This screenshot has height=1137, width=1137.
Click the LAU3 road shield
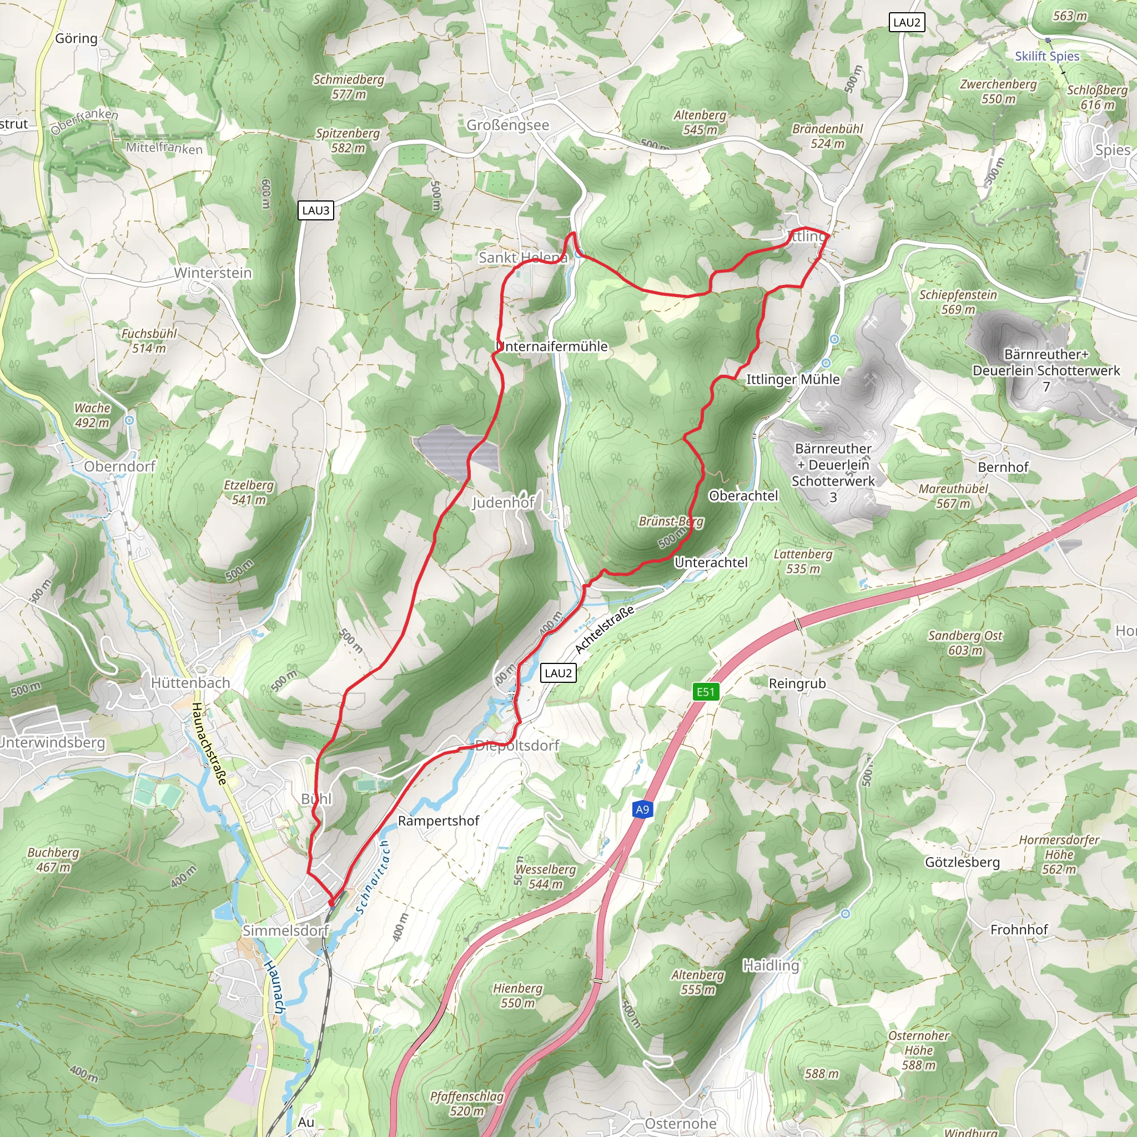point(316,210)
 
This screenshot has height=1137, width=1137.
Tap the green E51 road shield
point(705,692)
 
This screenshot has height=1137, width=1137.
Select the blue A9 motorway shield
point(642,809)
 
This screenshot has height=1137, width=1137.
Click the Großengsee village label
point(507,125)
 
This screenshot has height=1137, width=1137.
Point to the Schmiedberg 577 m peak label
point(349,87)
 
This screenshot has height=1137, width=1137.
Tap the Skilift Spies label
point(1047,56)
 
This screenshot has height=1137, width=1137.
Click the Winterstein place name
point(213,273)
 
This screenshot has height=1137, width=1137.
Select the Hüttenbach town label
point(190,683)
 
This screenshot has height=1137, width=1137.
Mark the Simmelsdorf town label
point(285,930)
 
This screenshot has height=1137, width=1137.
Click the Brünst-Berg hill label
point(671,521)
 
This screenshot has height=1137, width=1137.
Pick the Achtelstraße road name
point(605,629)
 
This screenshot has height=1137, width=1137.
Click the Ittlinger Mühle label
point(793,380)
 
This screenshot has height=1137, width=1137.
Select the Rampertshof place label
point(439,821)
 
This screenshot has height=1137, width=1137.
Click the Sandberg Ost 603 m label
point(965,643)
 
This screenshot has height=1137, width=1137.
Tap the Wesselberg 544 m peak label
point(546,876)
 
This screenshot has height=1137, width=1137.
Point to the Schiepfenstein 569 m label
point(958,301)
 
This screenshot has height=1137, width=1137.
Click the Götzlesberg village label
point(962,862)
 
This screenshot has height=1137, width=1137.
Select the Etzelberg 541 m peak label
point(248,492)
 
